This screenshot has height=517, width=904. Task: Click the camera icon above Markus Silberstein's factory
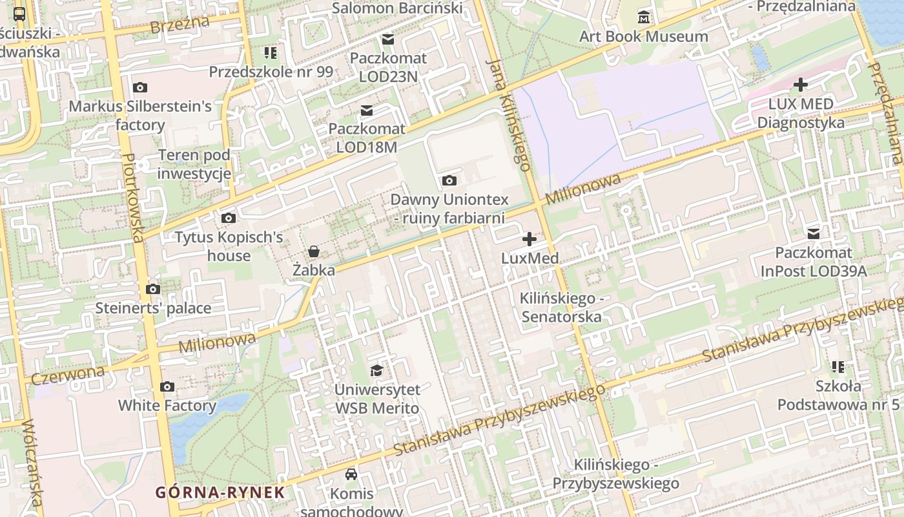[x=139, y=87]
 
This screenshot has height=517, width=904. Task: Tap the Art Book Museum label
[x=643, y=36]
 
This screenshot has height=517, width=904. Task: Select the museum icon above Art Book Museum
[x=643, y=17]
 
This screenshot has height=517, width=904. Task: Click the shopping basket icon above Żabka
[x=314, y=251]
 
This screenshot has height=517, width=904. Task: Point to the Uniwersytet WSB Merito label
[x=376, y=399]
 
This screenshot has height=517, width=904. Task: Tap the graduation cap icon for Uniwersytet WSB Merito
[x=376, y=370]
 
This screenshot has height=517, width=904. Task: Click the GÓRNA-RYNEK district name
[x=220, y=492]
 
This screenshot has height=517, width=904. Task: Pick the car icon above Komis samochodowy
[x=351, y=474]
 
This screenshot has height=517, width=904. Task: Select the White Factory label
[x=167, y=406]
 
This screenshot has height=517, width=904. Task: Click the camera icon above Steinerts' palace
[x=153, y=289]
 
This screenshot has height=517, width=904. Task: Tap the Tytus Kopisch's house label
[x=229, y=246]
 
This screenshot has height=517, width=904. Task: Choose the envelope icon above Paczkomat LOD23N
[x=388, y=39]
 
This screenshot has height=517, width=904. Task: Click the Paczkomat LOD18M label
[x=367, y=138]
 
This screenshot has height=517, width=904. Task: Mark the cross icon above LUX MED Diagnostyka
[x=801, y=85]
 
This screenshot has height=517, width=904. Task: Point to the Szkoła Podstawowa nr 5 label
[x=838, y=396]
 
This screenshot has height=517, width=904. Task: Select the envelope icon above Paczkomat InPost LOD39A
[x=814, y=233]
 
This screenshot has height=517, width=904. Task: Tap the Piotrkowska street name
[x=132, y=198]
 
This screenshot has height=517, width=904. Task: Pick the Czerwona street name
[x=68, y=374]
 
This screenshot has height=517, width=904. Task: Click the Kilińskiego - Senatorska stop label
[x=561, y=308]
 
